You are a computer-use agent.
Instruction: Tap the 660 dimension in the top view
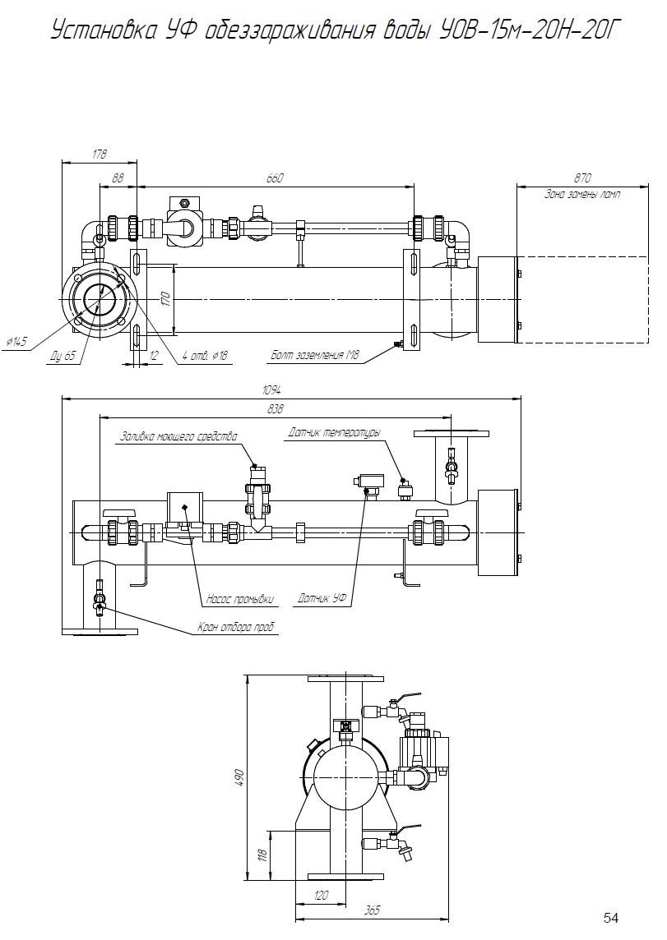coord(274,178)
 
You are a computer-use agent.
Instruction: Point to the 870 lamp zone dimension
coord(582,178)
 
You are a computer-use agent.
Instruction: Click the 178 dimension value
coord(100,154)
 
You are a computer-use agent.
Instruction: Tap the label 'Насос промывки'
coord(240,599)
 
